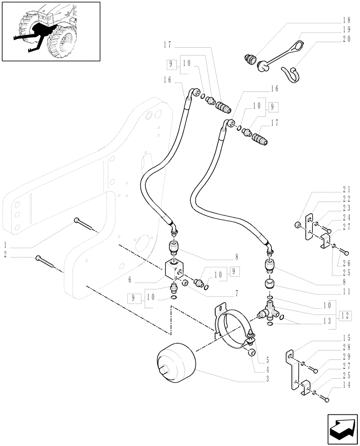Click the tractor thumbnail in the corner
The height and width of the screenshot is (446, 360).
[x=51, y=31]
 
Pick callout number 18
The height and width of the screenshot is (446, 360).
[x=347, y=21]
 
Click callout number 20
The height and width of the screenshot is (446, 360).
[x=347, y=39]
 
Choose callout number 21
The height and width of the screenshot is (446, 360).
[x=347, y=189]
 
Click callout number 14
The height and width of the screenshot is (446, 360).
[x=347, y=384]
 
